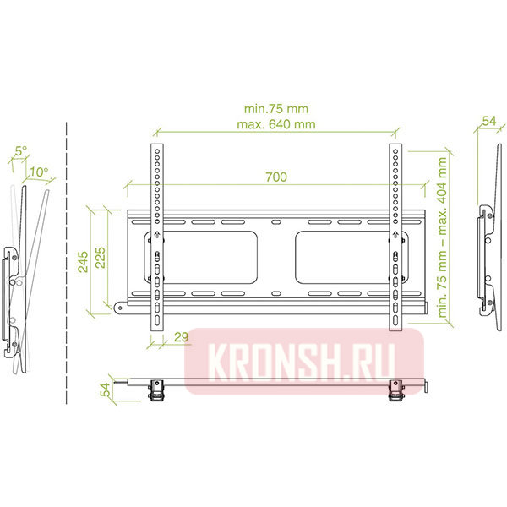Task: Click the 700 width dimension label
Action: coord(276,177)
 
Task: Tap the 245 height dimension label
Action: coord(83,262)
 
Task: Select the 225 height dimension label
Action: coord(101,258)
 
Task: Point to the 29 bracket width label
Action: coord(181,337)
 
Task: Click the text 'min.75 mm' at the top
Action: coord(276,109)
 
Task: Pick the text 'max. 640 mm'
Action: coord(276,124)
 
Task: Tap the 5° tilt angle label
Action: coord(21,150)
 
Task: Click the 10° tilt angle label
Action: coord(39,172)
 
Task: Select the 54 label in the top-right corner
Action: coord(489,121)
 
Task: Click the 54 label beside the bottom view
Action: coord(105,390)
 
